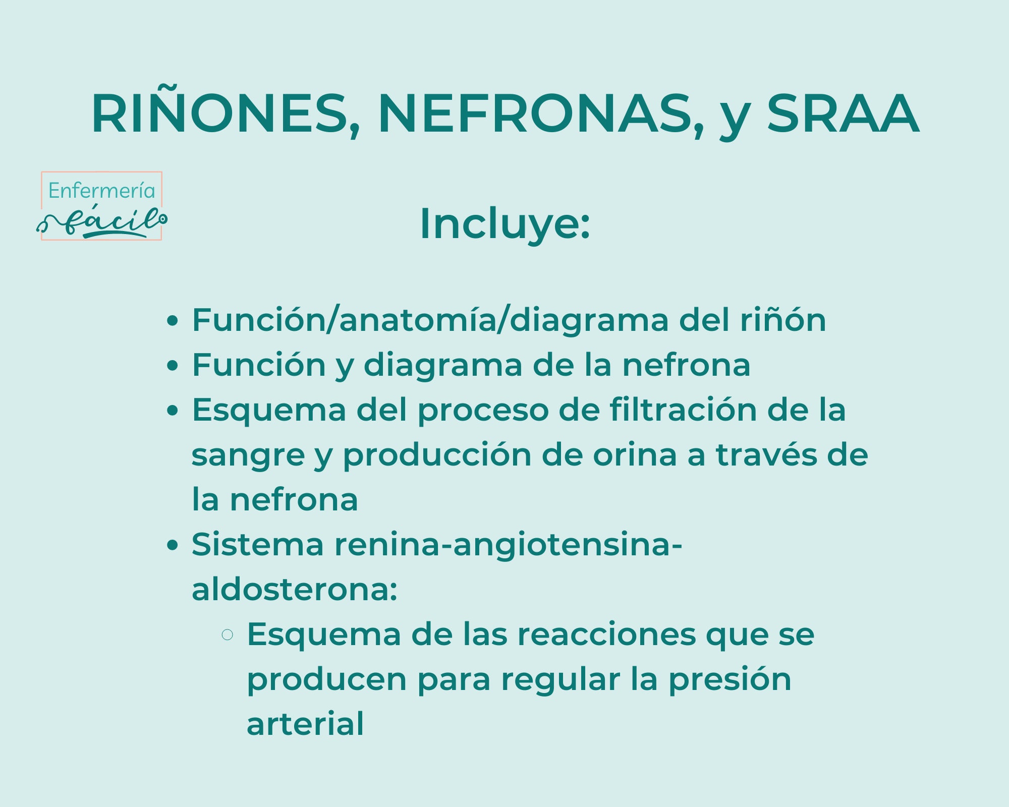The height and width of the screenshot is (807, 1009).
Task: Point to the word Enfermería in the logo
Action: pos(101,191)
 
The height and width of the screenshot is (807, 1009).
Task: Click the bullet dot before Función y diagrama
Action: pos(173,365)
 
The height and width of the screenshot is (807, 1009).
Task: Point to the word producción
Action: pos(437,455)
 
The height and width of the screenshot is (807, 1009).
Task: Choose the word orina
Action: pos(635,455)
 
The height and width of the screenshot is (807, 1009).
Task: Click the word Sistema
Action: pos(257,545)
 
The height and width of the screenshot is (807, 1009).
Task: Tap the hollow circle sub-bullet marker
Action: pos(228,635)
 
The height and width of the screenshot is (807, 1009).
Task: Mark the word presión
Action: pos(730,680)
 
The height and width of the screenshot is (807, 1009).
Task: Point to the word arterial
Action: pos(305,724)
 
